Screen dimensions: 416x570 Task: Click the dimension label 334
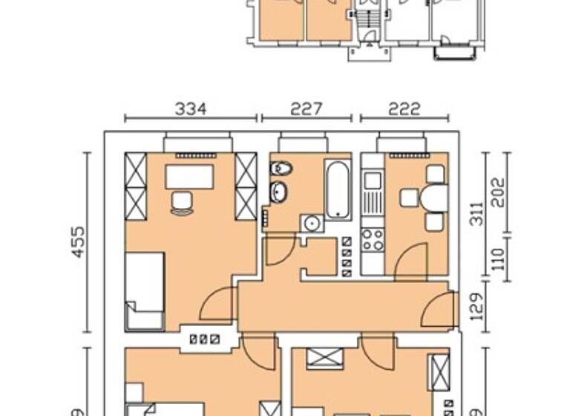tap(191, 109)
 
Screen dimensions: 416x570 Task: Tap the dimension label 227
tap(307, 109)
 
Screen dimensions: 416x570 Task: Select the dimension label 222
tap(404, 109)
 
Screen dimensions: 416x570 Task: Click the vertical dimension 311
tap(476, 212)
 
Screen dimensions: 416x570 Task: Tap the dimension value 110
tap(498, 259)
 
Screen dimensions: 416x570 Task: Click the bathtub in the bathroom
tap(338, 189)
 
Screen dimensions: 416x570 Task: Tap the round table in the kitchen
tap(434, 198)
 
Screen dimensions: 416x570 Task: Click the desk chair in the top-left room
tap(181, 202)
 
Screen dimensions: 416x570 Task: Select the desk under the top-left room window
tap(189, 177)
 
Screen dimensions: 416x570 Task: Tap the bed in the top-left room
tap(145, 290)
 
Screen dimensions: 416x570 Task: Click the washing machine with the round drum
tap(312, 223)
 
